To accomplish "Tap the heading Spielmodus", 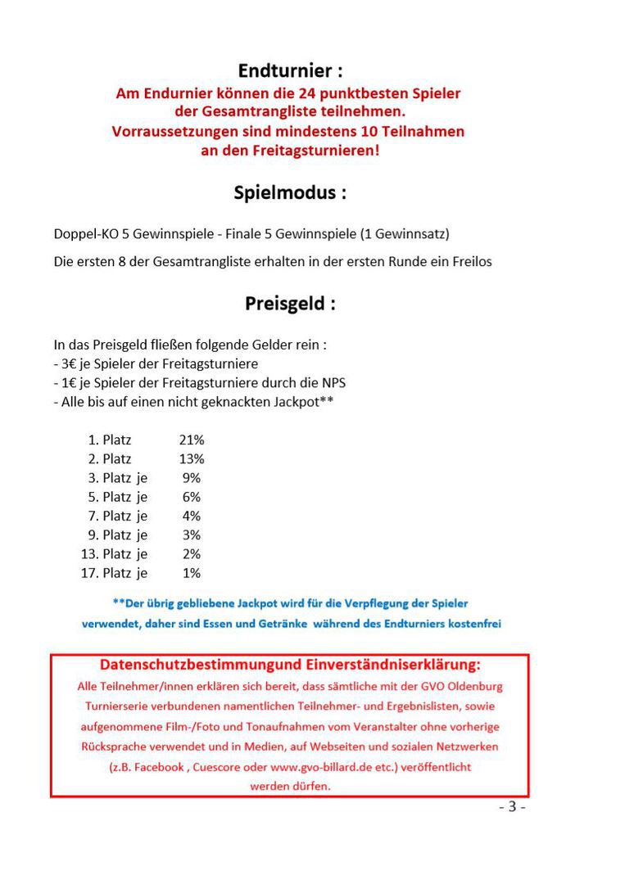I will click(x=290, y=193).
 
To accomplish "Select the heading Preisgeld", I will click(x=290, y=304).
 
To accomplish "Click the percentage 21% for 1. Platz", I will click(x=192, y=440).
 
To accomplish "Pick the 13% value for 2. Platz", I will click(x=192, y=459).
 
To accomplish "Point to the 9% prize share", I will click(x=192, y=478).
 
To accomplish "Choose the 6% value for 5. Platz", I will click(x=192, y=497).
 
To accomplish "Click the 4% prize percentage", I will click(x=192, y=516).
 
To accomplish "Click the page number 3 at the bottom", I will click(x=512, y=806).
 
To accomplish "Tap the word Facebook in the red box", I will click(x=158, y=768).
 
